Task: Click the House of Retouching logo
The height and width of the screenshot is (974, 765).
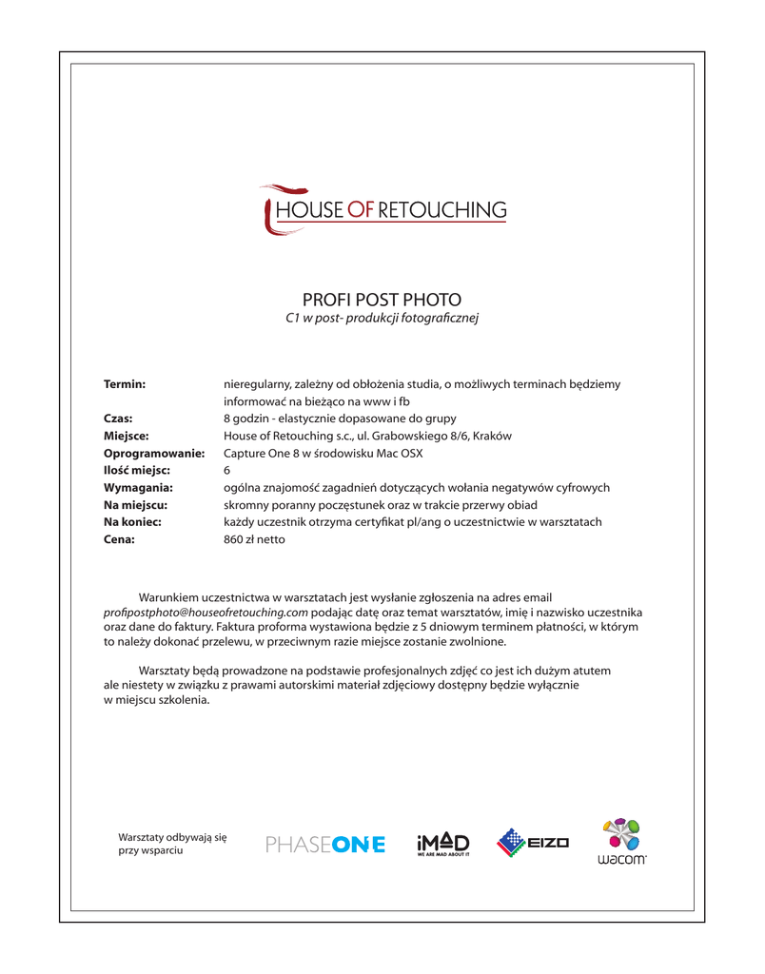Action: pos(383,209)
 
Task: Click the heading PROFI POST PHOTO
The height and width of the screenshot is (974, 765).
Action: pos(382,300)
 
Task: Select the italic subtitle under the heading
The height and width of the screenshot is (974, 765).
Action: pos(382,318)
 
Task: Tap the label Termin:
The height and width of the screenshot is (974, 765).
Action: pos(125,384)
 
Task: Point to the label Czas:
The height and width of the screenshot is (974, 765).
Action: pos(118,419)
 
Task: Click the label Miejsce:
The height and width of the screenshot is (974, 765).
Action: pos(127,436)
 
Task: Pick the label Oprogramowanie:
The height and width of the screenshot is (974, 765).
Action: pos(154,454)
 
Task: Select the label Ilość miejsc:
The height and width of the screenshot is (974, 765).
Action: pos(137,471)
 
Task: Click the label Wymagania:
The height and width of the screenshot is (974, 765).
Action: pos(138,488)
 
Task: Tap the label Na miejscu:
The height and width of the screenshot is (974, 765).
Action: pos(135,505)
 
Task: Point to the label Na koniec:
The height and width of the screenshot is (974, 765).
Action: pos(132,522)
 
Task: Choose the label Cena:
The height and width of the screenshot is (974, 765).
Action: pos(119,539)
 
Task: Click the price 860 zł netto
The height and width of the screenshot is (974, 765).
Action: pos(254,539)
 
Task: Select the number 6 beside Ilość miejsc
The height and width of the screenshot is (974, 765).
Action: pos(226,471)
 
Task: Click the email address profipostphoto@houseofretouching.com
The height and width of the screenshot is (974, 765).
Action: pos(206,613)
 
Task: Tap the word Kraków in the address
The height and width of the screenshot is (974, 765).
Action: pos(491,436)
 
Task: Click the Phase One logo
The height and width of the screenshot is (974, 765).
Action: pos(326,844)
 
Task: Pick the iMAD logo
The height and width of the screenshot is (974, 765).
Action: pos(443,844)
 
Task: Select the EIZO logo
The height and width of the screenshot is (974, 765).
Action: pos(533,843)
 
